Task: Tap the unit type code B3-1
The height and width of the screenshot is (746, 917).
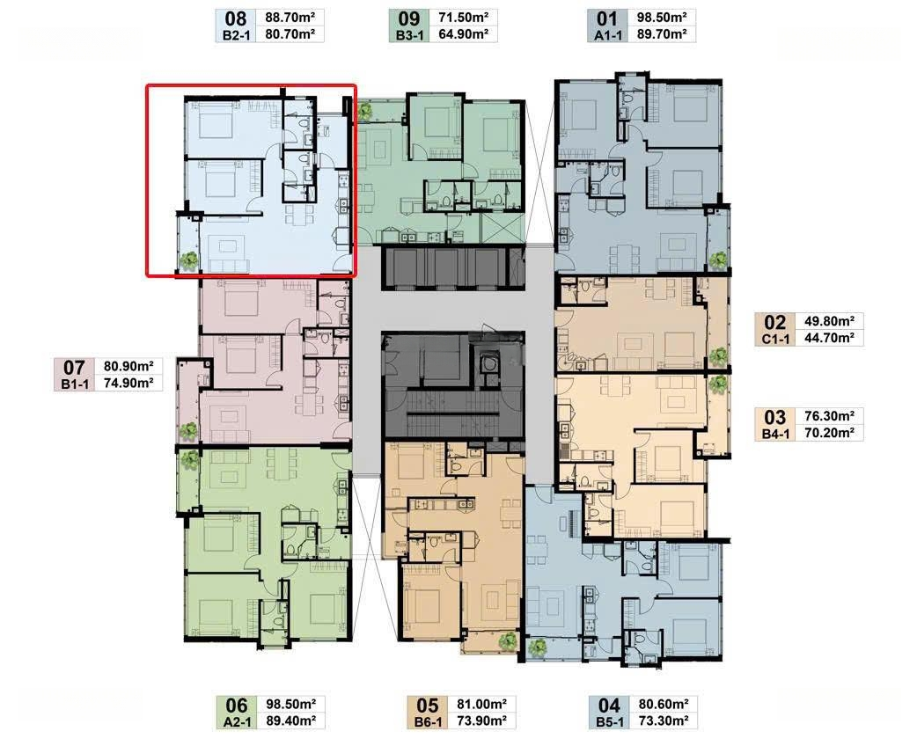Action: tap(409, 35)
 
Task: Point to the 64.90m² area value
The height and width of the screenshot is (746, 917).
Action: tap(463, 34)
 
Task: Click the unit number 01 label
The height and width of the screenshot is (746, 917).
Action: tap(607, 18)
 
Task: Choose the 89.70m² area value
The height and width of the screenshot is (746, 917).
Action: tap(662, 34)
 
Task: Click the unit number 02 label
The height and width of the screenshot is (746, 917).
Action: tap(775, 323)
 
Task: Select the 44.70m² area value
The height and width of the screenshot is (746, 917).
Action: tap(829, 338)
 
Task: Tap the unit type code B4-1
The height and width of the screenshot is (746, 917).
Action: tap(775, 434)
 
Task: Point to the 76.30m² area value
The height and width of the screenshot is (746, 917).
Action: tap(829, 416)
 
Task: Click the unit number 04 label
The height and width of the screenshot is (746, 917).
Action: tap(609, 705)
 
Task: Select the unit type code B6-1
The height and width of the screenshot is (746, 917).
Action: tap(428, 722)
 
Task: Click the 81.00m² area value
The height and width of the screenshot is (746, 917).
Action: tap(482, 704)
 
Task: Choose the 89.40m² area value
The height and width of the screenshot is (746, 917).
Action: tap(290, 720)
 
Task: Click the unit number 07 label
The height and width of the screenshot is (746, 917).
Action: tap(74, 367)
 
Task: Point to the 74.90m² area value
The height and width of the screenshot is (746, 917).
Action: tap(128, 384)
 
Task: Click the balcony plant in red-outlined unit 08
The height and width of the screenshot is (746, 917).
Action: tap(187, 260)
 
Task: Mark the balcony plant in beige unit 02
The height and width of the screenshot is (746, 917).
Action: tap(718, 355)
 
